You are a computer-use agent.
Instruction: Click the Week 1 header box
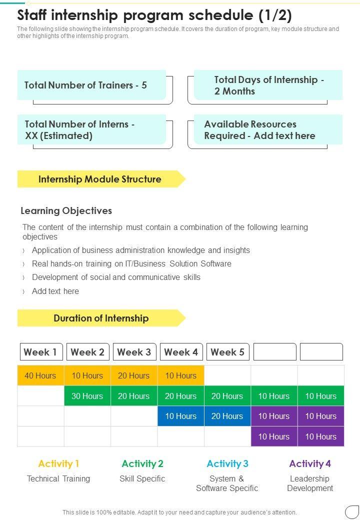click(41, 352)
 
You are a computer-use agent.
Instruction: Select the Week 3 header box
click(134, 352)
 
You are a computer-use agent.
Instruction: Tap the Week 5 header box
click(228, 352)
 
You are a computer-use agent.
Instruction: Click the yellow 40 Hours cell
click(40, 375)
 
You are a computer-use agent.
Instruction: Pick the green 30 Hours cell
click(87, 396)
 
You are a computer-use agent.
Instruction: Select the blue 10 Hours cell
click(180, 416)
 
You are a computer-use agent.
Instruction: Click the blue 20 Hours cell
click(227, 416)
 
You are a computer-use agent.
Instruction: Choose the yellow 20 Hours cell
click(133, 375)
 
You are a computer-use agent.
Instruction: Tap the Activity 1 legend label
click(58, 463)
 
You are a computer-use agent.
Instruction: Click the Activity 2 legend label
click(142, 463)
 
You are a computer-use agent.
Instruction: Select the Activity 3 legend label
click(227, 463)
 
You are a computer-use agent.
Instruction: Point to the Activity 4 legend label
click(310, 463)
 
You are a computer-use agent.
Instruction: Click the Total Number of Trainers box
click(91, 85)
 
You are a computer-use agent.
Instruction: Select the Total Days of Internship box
click(268, 85)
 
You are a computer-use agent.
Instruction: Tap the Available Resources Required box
click(268, 130)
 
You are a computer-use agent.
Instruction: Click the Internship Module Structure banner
click(100, 179)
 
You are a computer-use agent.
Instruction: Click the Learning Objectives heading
click(66, 210)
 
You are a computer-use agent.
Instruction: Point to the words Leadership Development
click(310, 483)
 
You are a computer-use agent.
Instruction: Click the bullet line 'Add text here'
click(55, 291)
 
